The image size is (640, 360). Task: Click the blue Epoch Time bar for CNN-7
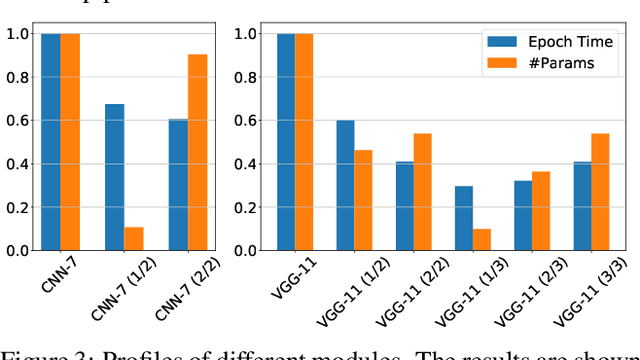[51, 142]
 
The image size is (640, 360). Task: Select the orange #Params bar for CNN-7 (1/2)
[133, 239]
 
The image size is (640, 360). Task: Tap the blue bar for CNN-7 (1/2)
[115, 177]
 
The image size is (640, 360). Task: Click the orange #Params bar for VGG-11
[304, 142]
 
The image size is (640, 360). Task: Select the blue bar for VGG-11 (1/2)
[345, 185]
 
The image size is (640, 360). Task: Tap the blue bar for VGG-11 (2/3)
[522, 215]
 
